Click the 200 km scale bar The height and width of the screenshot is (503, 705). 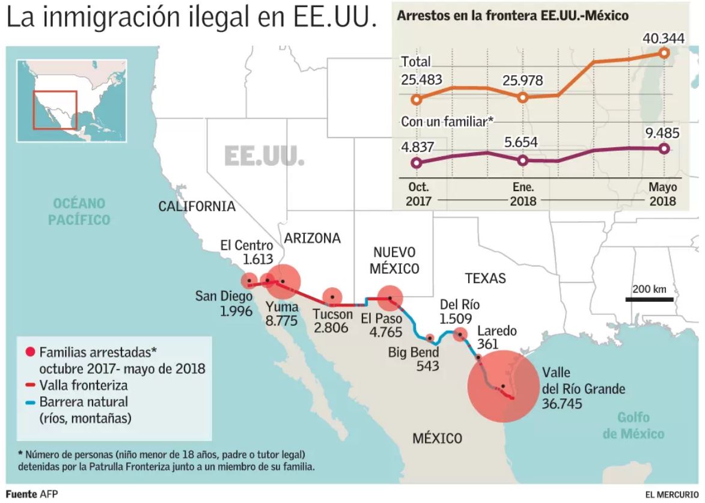(x=650, y=299)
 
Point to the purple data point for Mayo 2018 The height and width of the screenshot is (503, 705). (x=664, y=148)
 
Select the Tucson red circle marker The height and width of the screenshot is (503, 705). (x=332, y=297)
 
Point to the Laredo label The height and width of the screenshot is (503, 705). (x=497, y=331)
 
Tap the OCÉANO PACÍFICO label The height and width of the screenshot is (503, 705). (x=78, y=211)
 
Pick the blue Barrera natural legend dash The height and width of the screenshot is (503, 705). (x=29, y=401)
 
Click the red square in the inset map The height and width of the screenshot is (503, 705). (x=55, y=109)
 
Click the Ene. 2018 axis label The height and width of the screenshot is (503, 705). (x=523, y=194)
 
